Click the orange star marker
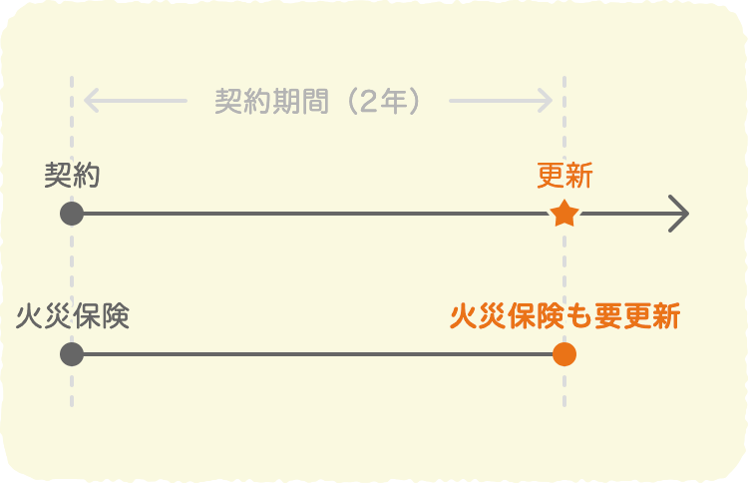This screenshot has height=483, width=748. click(564, 214)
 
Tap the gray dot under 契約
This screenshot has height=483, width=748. click(71, 214)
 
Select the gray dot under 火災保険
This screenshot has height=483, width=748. click(71, 354)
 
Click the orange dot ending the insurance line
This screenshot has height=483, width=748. click(564, 354)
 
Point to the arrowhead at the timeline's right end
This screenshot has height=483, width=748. click(681, 214)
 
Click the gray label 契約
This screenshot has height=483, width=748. click(72, 176)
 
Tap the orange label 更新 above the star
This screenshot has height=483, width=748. click(564, 176)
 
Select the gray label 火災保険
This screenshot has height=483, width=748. click(73, 317)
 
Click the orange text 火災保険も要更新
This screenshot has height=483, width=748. click(564, 317)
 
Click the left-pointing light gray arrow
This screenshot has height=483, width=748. click(136, 101)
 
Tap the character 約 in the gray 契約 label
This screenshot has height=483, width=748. click(86, 176)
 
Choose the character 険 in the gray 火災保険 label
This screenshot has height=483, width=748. click(116, 317)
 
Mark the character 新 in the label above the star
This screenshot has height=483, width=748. click(579, 176)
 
